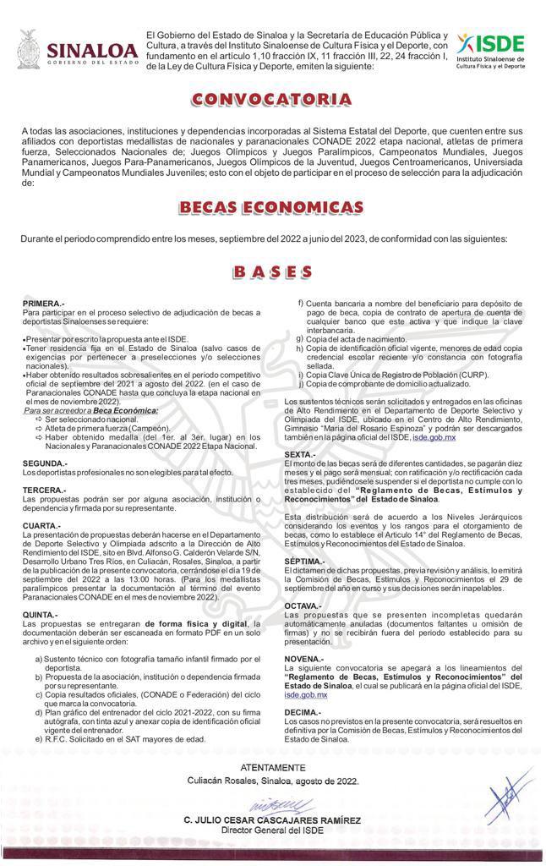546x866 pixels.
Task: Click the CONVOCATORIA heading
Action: coord(271,100)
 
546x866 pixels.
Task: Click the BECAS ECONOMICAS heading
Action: coord(271,208)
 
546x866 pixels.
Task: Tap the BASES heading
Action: coord(272,271)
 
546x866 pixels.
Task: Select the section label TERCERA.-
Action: coord(45,490)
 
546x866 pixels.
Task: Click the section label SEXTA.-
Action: coord(300,455)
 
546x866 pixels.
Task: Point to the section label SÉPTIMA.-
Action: coord(305,561)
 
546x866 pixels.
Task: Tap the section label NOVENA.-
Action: coord(303,658)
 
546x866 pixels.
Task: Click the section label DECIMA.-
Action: coord(303,713)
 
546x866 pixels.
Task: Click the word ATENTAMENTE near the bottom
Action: coord(272,767)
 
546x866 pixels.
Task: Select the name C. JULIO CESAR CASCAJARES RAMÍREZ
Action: coord(272,821)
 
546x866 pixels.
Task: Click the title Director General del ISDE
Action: coord(272,830)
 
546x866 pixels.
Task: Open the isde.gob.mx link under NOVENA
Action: coord(305,694)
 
